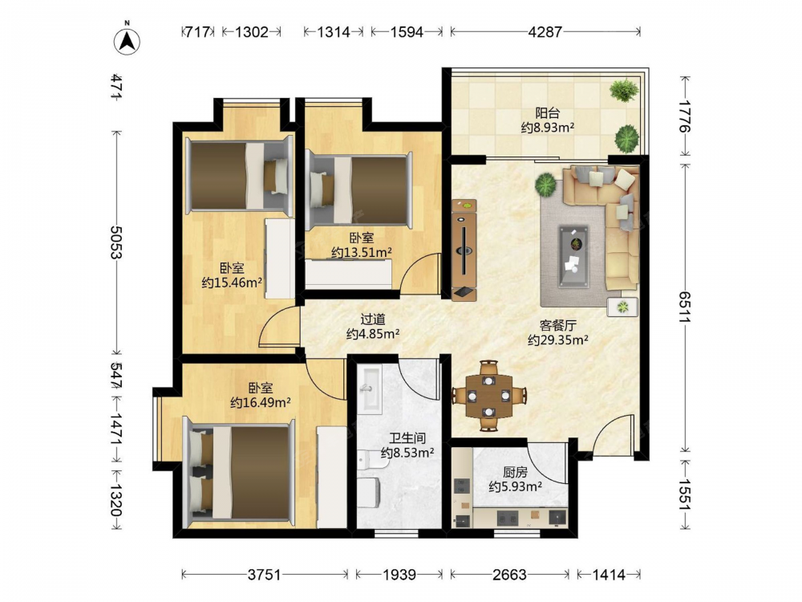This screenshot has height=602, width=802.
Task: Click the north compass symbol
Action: click(128, 39)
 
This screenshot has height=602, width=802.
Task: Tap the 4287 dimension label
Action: click(545, 32)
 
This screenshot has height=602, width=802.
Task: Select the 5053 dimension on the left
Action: click(116, 242)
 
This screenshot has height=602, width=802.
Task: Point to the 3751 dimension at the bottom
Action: click(265, 575)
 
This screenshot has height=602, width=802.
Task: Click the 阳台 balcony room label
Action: click(547, 112)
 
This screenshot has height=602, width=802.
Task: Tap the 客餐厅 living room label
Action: click(558, 325)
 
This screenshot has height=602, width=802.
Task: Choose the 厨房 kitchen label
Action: click(515, 472)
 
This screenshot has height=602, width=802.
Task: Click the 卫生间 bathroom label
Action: click(407, 438)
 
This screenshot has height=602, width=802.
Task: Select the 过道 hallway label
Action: click(373, 319)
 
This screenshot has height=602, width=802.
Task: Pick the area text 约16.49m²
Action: click(261, 403)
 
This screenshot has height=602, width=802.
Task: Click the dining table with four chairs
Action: click(489, 396)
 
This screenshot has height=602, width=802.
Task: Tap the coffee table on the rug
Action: click(573, 255)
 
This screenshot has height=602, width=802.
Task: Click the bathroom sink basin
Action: click(369, 389)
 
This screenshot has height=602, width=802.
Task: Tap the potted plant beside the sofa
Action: click(545, 184)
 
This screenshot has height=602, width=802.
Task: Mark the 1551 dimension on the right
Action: click(684, 494)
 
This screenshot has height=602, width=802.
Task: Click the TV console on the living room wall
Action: click(464, 250)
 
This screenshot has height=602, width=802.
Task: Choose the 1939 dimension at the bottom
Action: click(399, 575)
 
